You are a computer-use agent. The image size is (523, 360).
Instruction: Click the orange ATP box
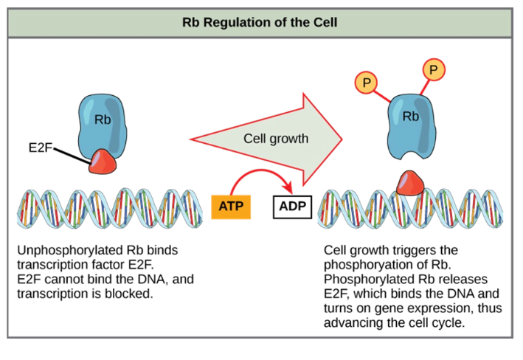[231, 205]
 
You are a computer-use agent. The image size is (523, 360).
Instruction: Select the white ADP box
[292, 205]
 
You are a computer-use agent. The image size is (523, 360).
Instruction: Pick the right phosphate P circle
[433, 71]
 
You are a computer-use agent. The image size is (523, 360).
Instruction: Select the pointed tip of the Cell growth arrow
[341, 137]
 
